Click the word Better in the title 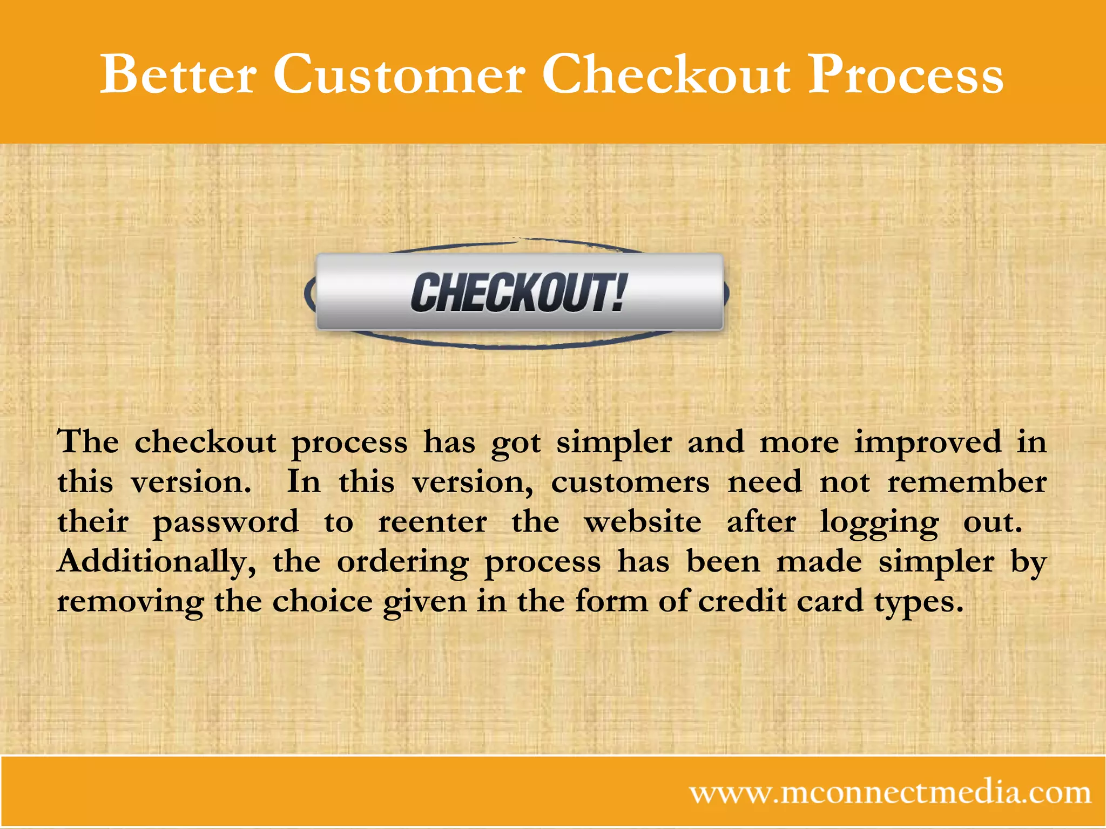[x=178, y=74]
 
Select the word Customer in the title [x=399, y=74]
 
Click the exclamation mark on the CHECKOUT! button [x=619, y=292]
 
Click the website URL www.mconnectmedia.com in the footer [x=890, y=793]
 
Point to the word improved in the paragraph [x=928, y=442]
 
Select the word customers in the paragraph [x=630, y=482]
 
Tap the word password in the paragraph [x=226, y=522]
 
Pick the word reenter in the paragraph [x=432, y=522]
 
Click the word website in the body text [x=643, y=522]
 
